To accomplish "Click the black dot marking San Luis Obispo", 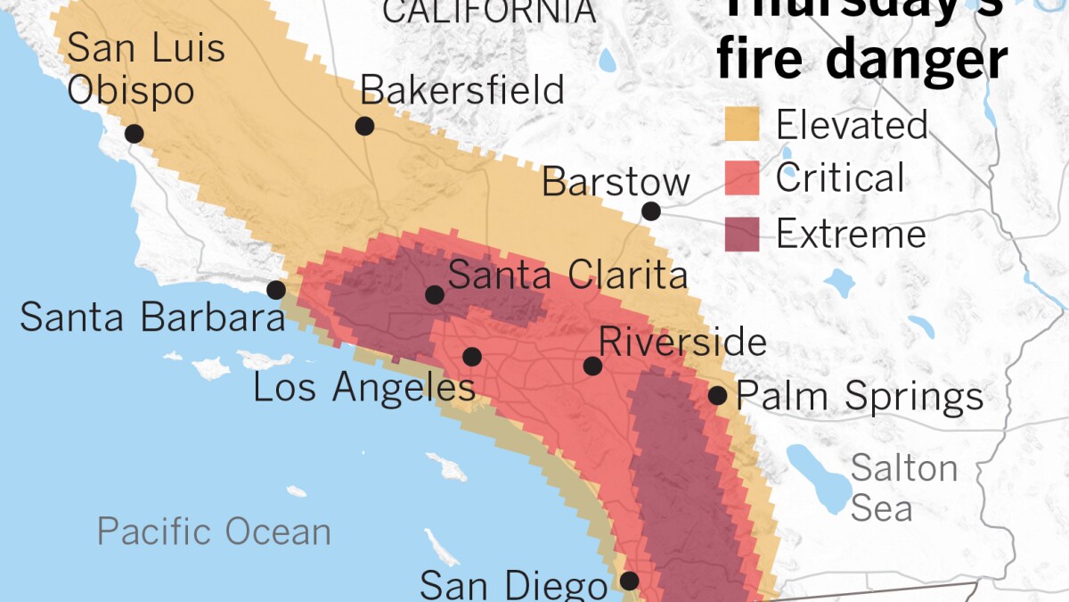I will pyautogui.click(x=134, y=134).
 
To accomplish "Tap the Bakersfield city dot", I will pyautogui.click(x=364, y=126).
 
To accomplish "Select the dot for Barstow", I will pyautogui.click(x=651, y=211).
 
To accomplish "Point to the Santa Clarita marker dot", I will pyautogui.click(x=435, y=294).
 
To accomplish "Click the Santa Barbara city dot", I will pyautogui.click(x=276, y=290).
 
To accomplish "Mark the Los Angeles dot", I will pyautogui.click(x=472, y=357).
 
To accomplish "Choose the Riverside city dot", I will pyautogui.click(x=592, y=366).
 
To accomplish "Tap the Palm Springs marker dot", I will pyautogui.click(x=717, y=395).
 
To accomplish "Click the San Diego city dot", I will pyautogui.click(x=629, y=581).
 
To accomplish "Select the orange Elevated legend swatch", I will pyautogui.click(x=741, y=124).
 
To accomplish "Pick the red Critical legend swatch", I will pyautogui.click(x=741, y=178).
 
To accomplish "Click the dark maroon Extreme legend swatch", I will pyautogui.click(x=741, y=234).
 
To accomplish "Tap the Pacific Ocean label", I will pyautogui.click(x=214, y=532).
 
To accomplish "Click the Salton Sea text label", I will pyautogui.click(x=903, y=488).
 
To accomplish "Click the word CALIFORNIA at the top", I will pyautogui.click(x=489, y=12).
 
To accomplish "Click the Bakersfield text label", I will pyautogui.click(x=461, y=90).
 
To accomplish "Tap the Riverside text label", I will pyautogui.click(x=682, y=342).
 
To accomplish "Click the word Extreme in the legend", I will pyautogui.click(x=851, y=235).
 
